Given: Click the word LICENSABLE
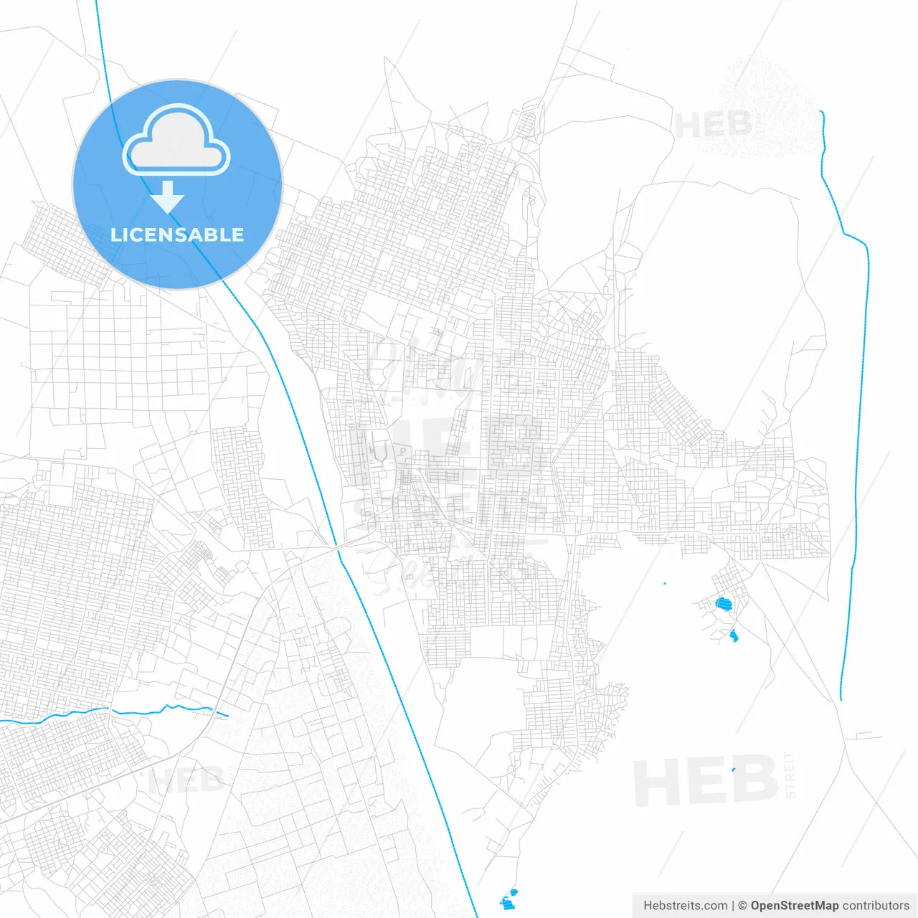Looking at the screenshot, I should (177, 235).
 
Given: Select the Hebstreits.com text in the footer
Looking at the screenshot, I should (685, 906).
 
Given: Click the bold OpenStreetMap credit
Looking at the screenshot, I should (794, 906).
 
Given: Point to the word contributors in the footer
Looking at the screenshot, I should (875, 906).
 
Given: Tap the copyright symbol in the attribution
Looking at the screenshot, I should (742, 906).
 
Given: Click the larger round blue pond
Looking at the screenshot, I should (724, 604).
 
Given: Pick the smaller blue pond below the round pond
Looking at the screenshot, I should (733, 635).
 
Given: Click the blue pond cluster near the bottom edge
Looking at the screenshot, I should (508, 900).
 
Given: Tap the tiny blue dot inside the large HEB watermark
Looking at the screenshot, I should (733, 770).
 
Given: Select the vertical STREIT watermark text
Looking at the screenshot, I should (790, 775).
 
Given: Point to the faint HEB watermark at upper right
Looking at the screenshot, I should (713, 125).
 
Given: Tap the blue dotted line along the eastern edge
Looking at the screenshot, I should (858, 430).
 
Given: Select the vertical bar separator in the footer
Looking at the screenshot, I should (732, 906).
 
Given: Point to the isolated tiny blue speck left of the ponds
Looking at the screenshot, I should (665, 583).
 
